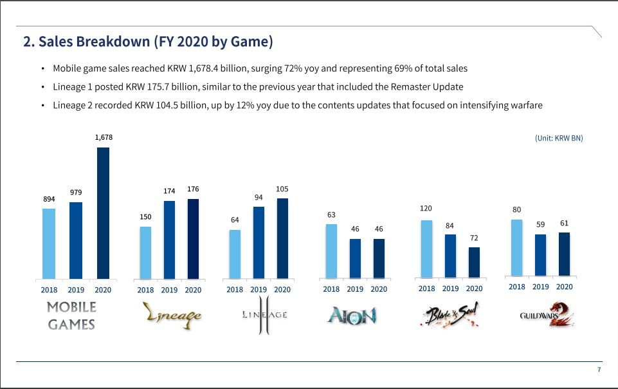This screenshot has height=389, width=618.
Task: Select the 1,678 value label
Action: pyautogui.click(x=103, y=137)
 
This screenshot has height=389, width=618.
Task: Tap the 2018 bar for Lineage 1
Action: pyautogui.click(x=146, y=252)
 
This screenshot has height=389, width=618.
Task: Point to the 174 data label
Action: pyautogui.click(x=170, y=191)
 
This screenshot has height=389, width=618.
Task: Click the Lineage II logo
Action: pyautogui.click(x=264, y=316)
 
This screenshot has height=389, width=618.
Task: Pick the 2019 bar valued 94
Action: pyautogui.click(x=259, y=242)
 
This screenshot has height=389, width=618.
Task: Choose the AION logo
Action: pyautogui.click(x=351, y=315)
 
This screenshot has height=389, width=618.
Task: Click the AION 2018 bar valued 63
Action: pyautogui.click(x=331, y=251)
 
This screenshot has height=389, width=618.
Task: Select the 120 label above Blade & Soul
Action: pyautogui.click(x=426, y=209)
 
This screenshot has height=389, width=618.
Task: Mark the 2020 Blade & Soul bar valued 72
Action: pyautogui.click(x=474, y=263)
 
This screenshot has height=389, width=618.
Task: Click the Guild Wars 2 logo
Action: pyautogui.click(x=546, y=316)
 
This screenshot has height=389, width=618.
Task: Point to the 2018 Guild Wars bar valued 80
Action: pyautogui.click(x=516, y=247)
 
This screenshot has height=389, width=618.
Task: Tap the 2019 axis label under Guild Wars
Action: pyautogui.click(x=541, y=287)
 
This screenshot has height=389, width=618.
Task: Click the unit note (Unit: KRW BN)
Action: pyautogui.click(x=559, y=138)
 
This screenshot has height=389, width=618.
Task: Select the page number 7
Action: pyautogui.click(x=599, y=370)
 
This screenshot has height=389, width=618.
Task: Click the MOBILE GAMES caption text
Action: pyautogui.click(x=71, y=316)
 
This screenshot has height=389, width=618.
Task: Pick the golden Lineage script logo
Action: pyautogui.click(x=172, y=315)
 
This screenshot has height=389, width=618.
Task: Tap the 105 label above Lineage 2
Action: pyautogui.click(x=282, y=189)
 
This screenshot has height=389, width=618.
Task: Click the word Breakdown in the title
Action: pyautogui.click(x=113, y=42)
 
